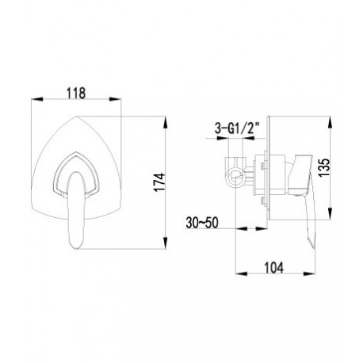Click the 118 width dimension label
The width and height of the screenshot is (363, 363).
pyautogui.click(x=76, y=93)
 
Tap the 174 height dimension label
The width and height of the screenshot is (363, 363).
pyautogui.click(x=160, y=182)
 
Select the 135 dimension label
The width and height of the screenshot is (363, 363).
pyautogui.click(x=325, y=167)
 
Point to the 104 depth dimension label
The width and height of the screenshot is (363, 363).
pyautogui.click(x=273, y=267)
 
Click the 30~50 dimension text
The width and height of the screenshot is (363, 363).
pyautogui.click(x=202, y=223)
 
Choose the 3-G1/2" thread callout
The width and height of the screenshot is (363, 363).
pyautogui.click(x=237, y=129)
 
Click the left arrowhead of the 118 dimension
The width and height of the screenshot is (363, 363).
pyautogui.click(x=36, y=99)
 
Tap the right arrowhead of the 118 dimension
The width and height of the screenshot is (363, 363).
pyautogui.click(x=115, y=99)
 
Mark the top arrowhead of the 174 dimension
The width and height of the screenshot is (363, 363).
pyautogui.click(x=165, y=122)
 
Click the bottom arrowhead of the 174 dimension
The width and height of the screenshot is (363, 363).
pyautogui.click(x=165, y=243)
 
